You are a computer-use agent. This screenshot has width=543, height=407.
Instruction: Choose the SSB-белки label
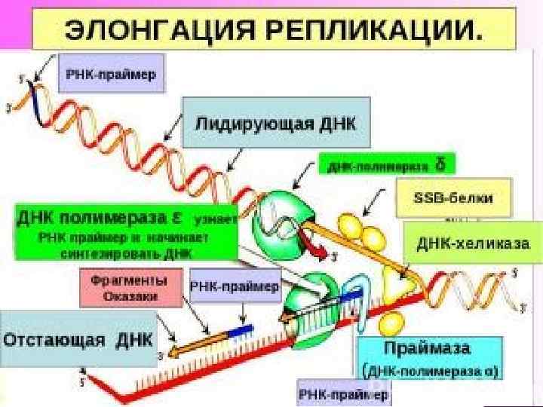[453, 197]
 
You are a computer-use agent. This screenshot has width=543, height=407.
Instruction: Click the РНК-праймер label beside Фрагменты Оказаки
[235, 286]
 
